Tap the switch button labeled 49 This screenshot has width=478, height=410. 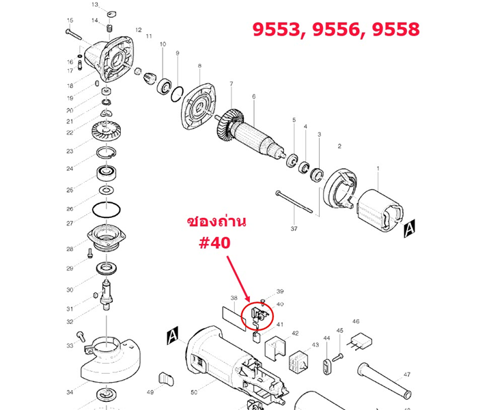166,378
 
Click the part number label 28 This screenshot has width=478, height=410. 70,249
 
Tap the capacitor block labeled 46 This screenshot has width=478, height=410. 359,342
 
